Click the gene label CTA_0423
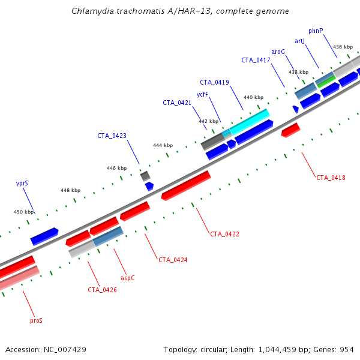coord(112,136)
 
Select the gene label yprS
coord(22,184)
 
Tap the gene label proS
coord(36,320)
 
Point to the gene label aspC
coord(128,278)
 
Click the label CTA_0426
coord(102,290)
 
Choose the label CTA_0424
coord(173,260)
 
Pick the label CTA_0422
coord(224,233)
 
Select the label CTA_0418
coord(331,177)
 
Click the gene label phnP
coord(316,31)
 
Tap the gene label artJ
coord(300,41)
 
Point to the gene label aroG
coord(278,52)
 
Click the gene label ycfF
coord(202,94)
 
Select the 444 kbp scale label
coord(163,145)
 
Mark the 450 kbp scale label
coord(24,212)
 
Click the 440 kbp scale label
coord(253,97)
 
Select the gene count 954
coord(346,349)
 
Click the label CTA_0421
coord(177,103)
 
